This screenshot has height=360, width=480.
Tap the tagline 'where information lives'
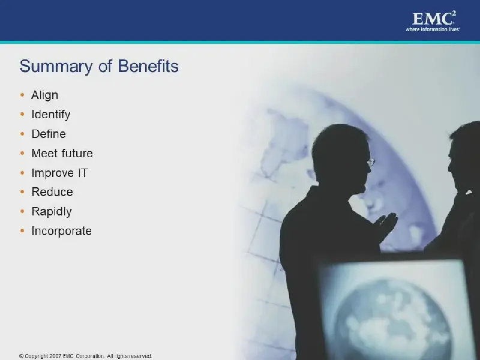pos(433,29)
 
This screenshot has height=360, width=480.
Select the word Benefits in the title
pos(148,66)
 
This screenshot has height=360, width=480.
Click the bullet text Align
pos(44,95)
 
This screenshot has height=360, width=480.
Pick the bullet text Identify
pos(51,115)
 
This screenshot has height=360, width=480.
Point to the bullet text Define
pos(49,134)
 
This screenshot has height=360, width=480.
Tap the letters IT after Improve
pos(83,173)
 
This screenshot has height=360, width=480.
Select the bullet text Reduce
pos(52,192)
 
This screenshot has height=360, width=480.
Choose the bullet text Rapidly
pos(52,212)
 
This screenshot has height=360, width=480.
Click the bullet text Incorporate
pos(62,231)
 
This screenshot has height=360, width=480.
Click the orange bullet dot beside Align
pos(22,95)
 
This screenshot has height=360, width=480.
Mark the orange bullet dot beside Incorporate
pos(22,231)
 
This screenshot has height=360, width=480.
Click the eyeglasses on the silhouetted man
pos(371,162)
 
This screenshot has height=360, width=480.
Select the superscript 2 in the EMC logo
pos(454,13)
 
